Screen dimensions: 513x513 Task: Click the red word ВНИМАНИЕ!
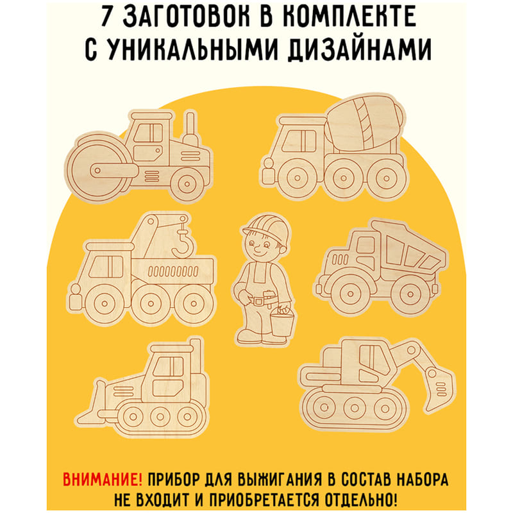coord(103,480)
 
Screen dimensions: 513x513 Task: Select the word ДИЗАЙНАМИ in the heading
coord(360,50)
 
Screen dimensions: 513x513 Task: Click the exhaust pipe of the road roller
coord(190,130)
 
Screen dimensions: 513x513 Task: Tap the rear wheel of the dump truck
coord(410,294)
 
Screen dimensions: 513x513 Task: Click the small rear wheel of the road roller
coord(187,183)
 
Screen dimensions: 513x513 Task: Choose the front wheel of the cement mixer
coord(297,178)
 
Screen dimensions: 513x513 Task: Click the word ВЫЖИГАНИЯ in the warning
coord(280,480)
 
